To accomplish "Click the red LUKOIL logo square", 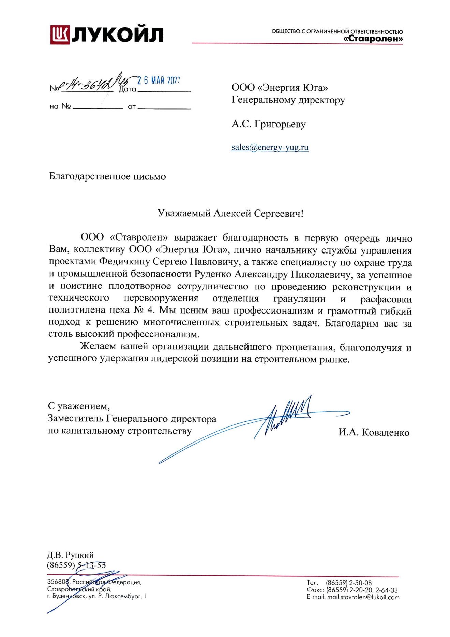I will coord(60,34).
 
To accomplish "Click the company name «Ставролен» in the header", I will coord(373,39).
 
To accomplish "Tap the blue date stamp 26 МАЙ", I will coord(159,81).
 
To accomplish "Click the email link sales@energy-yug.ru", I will coord(270,147).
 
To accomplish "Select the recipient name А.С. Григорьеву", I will coord(269,124).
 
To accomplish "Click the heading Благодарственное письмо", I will coord(107,176).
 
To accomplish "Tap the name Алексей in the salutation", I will coord(232,214).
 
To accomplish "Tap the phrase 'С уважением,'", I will coord(79,406).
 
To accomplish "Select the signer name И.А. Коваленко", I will coord(374,433).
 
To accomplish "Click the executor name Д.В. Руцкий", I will coord(70,555).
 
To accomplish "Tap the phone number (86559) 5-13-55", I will coord(76,565).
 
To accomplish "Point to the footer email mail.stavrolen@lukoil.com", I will coord(363,597).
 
